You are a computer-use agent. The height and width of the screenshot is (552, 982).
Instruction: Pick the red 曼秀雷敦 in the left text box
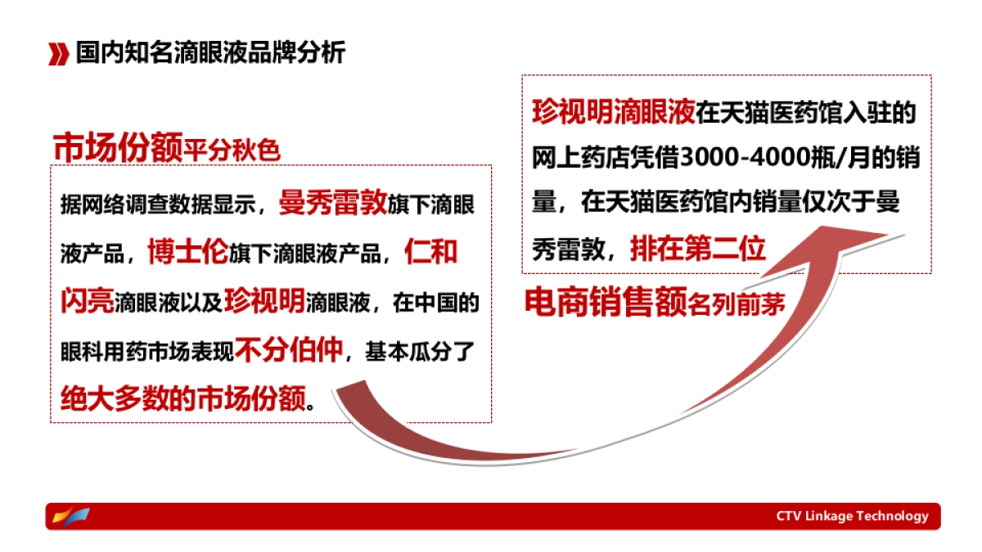pos(331,203)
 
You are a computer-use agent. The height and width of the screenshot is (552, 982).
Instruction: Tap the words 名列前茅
pos(736,304)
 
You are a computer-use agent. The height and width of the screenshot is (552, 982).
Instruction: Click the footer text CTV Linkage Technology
pos(852,516)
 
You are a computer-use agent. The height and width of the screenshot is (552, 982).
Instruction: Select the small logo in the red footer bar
pos(70,516)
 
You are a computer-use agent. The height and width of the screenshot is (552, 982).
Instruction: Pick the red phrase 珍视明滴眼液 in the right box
pos(613,112)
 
